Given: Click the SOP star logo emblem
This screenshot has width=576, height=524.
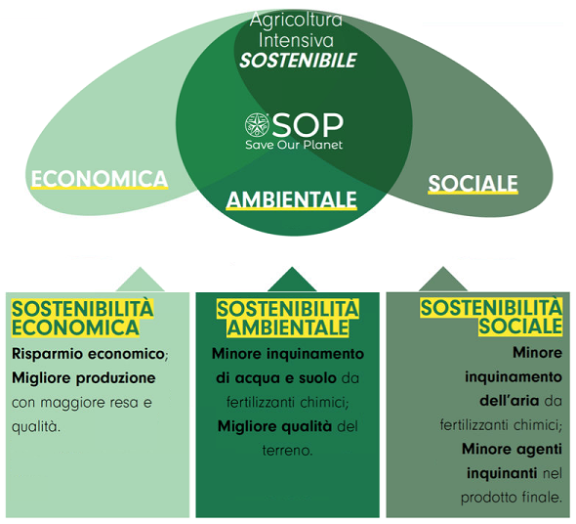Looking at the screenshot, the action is point(257,124).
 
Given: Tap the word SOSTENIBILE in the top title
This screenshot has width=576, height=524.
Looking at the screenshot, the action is point(298,61).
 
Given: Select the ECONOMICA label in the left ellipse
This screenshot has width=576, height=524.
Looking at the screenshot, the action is point(100,179).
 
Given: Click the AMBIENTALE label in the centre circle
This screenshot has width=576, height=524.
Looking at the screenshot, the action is point(291,199).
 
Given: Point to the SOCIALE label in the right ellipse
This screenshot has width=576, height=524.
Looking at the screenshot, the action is point(473,183).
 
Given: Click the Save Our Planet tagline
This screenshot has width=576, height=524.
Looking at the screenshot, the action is point(294,145).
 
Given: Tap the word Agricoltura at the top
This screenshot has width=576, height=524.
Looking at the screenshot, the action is point(296,20).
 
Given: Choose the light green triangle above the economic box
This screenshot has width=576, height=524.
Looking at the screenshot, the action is point(141,280).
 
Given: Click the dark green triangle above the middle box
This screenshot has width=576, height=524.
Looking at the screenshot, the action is point(292,280).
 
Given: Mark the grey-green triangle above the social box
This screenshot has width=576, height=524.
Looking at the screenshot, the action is point(443,280).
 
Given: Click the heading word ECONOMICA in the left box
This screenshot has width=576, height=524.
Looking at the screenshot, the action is point(75,327).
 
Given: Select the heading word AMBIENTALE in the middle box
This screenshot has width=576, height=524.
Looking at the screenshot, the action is point(288,327).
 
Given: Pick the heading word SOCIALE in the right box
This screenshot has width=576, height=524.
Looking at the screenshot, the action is point(520,326).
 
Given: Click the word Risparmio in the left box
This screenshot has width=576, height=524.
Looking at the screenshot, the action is point(48,354).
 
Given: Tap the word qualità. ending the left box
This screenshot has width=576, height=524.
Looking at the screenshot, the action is point(36,427).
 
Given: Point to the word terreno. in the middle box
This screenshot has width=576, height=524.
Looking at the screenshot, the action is point(287,451).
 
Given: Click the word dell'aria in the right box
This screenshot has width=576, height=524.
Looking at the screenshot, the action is point(510,401).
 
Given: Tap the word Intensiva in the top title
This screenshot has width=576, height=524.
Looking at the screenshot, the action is point(296,40).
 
